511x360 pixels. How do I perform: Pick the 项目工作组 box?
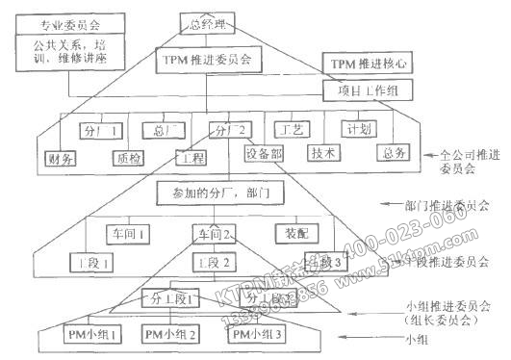coord(367,90)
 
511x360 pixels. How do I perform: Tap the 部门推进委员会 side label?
coord(447,205)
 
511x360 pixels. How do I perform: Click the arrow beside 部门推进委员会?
coord(393,205)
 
